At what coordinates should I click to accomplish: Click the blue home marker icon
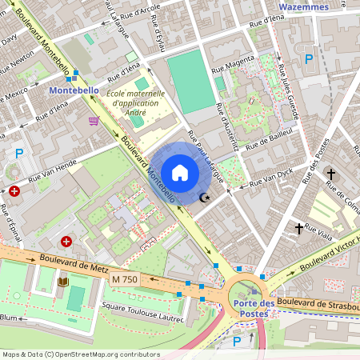point(180,173)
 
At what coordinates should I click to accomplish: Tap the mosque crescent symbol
point(204,198)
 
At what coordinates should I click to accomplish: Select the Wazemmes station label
point(303,6)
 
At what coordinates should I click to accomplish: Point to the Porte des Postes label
point(255,307)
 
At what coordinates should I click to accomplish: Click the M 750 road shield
point(125,279)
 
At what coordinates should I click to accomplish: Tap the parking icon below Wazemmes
point(309,58)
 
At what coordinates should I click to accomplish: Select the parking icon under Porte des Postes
point(236,341)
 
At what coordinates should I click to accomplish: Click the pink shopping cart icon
point(94,121)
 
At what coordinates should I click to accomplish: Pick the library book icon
point(62,281)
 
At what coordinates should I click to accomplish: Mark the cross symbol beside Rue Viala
point(299,229)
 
